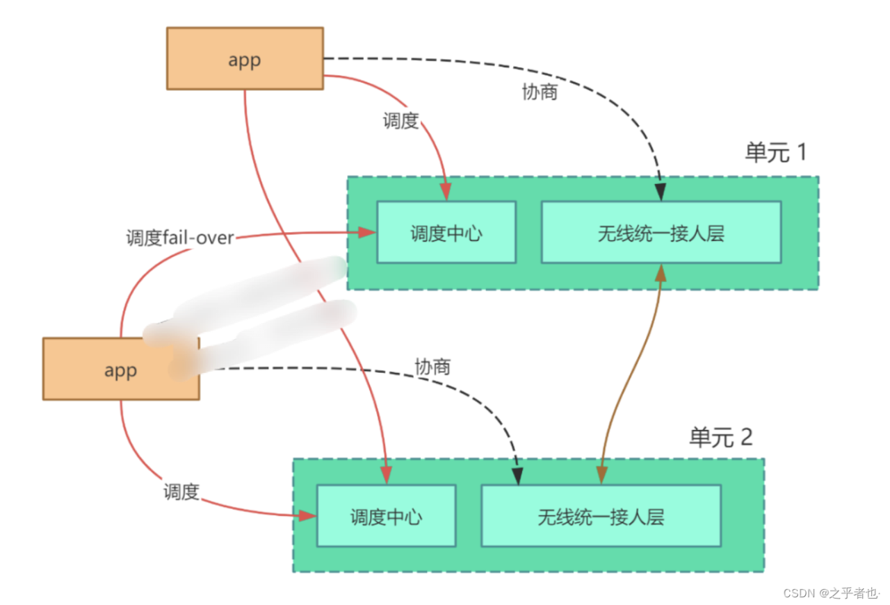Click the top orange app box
coord(245,59)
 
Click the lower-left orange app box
coord(121,370)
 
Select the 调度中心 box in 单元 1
coord(446,233)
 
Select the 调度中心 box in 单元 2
coord(386,516)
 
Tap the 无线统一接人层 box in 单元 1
coord(661,233)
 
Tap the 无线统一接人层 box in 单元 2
coord(601,516)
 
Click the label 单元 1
coord(775,152)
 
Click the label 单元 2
coord(720,437)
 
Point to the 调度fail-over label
coord(179,238)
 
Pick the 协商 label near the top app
coord(540,92)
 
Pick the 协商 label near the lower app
coord(432,367)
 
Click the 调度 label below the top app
coord(400,121)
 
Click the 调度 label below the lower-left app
coord(181,492)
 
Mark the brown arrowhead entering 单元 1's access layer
coord(661,272)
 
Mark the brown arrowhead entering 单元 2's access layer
coord(601,476)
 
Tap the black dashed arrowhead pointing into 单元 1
coord(661,192)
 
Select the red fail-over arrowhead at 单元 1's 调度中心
coord(367,233)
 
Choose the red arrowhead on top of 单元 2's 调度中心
coord(387,476)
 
